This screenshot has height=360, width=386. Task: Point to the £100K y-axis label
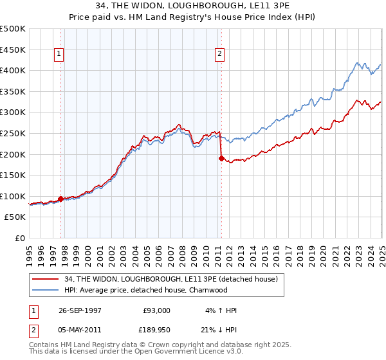point(13,196)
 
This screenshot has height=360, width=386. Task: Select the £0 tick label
point(20,239)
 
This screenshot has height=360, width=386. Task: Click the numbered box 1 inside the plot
point(59,55)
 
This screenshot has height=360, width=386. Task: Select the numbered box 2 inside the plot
point(219,55)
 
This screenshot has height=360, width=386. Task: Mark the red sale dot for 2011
point(221,158)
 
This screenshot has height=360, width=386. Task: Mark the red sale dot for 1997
point(61,199)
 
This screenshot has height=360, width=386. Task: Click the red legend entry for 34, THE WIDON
point(170,278)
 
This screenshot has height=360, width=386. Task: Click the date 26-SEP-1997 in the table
point(81,310)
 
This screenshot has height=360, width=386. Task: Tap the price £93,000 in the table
point(156,310)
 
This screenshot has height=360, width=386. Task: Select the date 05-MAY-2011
point(81,330)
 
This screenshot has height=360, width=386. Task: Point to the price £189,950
point(156,330)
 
